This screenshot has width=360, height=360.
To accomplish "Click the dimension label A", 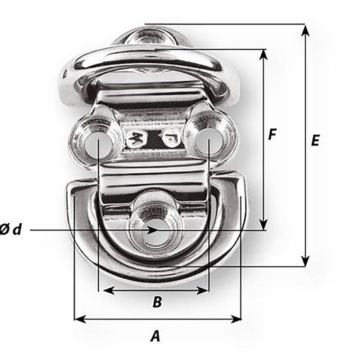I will (x=155, y=336).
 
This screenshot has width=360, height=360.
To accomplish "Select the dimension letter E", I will (x=315, y=140).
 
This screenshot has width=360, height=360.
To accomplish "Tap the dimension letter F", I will (x=273, y=135).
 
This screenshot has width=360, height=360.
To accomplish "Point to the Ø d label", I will (x=11, y=230).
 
